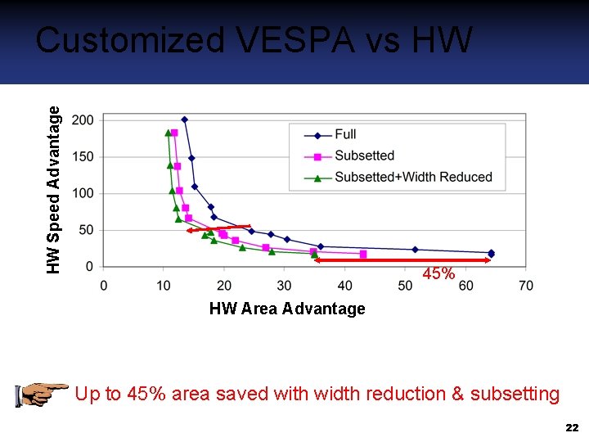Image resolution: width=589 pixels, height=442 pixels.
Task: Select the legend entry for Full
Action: (x=345, y=134)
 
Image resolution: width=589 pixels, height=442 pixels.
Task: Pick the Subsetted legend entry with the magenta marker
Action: (x=364, y=156)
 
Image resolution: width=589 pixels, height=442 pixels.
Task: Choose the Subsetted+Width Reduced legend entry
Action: (x=413, y=177)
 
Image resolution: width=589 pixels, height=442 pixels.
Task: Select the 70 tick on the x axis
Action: (x=526, y=285)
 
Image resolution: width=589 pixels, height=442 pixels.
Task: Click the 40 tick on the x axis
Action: (x=344, y=285)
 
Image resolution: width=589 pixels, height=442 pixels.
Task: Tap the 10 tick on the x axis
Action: (x=164, y=285)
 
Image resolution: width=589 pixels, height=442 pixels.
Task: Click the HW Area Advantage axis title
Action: (x=287, y=309)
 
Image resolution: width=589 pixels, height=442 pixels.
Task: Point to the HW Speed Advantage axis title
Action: (x=54, y=190)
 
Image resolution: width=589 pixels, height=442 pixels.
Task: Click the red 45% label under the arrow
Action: (x=438, y=275)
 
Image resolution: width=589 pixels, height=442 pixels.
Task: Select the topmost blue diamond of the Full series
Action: (x=184, y=120)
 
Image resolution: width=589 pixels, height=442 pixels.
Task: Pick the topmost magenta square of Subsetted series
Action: (x=174, y=133)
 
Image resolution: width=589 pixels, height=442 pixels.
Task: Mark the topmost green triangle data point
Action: (x=168, y=133)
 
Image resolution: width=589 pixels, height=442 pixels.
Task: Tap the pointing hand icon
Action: (x=41, y=394)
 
